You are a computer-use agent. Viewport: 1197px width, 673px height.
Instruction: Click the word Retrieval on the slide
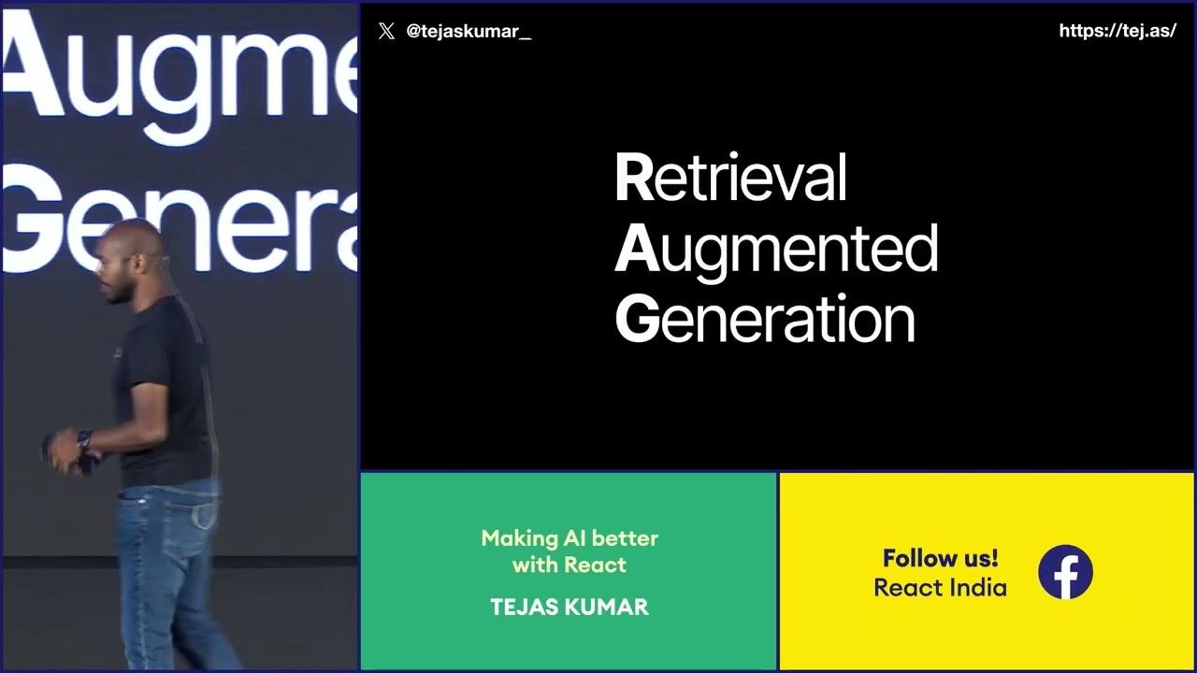pyautogui.click(x=730, y=178)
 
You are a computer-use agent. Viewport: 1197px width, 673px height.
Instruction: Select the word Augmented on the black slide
pyautogui.click(x=776, y=250)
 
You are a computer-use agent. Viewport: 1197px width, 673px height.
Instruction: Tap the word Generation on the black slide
pyautogui.click(x=765, y=320)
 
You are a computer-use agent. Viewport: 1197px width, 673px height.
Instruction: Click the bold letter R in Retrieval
pyautogui.click(x=633, y=179)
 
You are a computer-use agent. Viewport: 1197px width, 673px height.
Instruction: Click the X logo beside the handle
pyautogui.click(x=386, y=31)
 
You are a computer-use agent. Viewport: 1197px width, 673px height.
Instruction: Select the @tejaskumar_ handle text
pyautogui.click(x=469, y=31)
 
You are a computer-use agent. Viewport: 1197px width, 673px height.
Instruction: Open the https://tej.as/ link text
pyautogui.click(x=1117, y=31)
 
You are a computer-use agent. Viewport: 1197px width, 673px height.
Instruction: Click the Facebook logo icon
pyautogui.click(x=1065, y=572)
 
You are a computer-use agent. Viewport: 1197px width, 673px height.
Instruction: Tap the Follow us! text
pyautogui.click(x=940, y=559)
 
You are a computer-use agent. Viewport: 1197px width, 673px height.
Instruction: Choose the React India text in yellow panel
pyautogui.click(x=940, y=588)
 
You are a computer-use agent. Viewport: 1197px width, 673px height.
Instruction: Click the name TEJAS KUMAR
pyautogui.click(x=569, y=607)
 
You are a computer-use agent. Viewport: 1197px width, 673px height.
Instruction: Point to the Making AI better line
pyautogui.click(x=570, y=538)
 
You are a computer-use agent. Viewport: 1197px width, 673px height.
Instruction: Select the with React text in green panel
pyautogui.click(x=570, y=565)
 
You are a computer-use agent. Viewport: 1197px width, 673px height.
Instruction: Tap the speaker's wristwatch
pyautogui.click(x=84, y=438)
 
